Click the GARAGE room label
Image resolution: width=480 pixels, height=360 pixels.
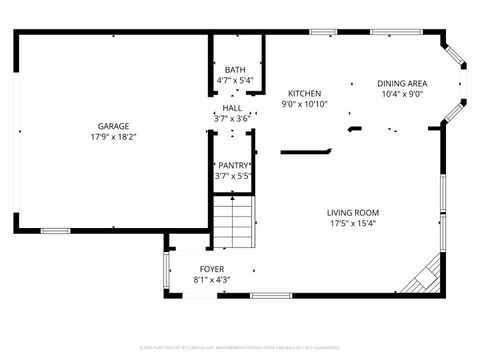coord(112,126)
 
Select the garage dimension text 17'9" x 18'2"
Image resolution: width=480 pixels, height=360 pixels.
coord(112,137)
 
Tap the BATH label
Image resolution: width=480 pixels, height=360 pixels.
coord(235,69)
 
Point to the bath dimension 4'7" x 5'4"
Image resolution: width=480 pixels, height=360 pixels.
coord(235,80)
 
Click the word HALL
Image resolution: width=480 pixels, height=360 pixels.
coord(232,108)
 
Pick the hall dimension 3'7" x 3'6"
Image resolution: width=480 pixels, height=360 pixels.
coord(232,119)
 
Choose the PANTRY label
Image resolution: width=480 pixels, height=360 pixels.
coord(233,165)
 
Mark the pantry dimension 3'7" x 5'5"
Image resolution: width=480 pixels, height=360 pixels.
coord(233,176)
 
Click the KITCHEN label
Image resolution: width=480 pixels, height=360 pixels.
coord(304,93)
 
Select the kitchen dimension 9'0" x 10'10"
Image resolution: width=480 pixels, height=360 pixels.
coord(304,104)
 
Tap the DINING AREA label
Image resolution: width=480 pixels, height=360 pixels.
coord(402,84)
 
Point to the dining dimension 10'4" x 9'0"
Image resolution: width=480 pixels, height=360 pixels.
coord(402,95)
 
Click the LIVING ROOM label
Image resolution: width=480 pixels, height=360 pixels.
coord(353,212)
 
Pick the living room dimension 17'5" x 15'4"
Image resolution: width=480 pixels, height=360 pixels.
coord(353,223)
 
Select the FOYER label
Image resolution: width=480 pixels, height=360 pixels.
coord(211,269)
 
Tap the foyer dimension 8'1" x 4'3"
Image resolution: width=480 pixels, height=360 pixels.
coord(211,280)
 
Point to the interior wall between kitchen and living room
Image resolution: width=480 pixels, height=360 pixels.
coord(305,152)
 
